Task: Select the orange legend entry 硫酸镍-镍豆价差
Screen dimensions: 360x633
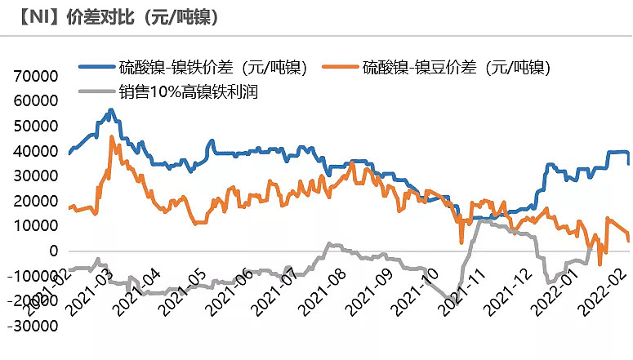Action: pos(457,68)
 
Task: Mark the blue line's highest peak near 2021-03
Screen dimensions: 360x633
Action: pos(111,109)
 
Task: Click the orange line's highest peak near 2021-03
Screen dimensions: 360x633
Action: pos(112,137)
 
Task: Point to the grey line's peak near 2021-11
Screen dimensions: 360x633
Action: pos(482,219)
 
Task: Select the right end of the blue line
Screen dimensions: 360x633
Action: pos(628,163)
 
